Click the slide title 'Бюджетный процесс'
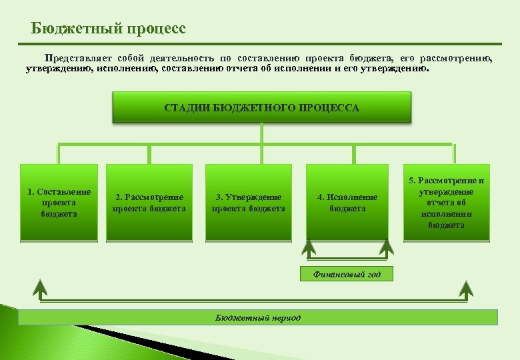(x=109, y=29)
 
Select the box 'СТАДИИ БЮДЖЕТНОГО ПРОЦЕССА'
(x=261, y=107)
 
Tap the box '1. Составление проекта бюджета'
(x=59, y=203)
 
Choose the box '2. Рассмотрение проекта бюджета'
(x=149, y=203)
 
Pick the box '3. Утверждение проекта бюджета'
(x=248, y=203)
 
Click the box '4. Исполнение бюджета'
(x=347, y=203)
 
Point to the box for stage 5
(x=447, y=203)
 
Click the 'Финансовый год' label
(x=346, y=274)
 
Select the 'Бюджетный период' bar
(x=258, y=317)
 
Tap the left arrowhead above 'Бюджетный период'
(x=41, y=289)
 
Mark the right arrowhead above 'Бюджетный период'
(x=466, y=289)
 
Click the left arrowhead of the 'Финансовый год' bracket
(x=309, y=248)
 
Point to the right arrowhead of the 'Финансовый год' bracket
(x=386, y=248)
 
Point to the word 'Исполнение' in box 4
(x=351, y=197)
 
